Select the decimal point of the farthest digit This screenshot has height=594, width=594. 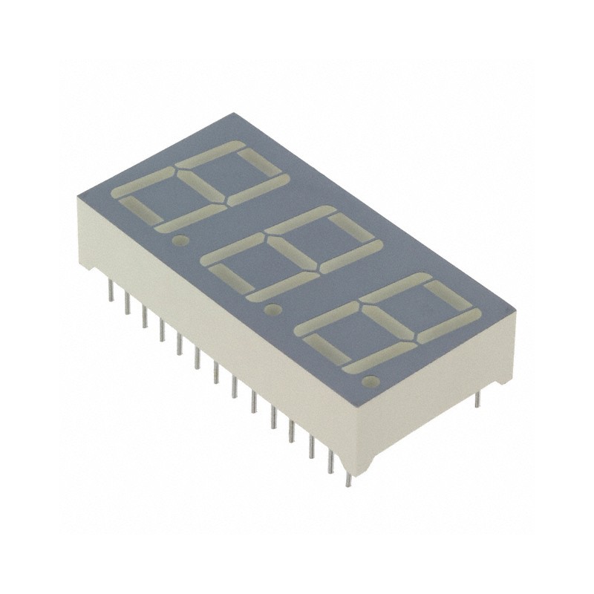(179, 241)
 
